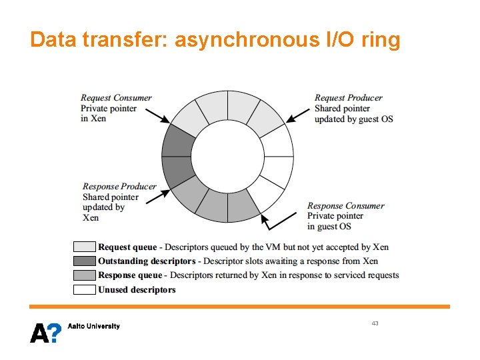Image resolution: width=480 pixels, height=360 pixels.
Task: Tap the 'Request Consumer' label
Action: [x=116, y=98]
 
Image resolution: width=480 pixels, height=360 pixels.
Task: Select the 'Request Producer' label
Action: [x=348, y=98]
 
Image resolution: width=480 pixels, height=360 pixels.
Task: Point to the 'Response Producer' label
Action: [x=119, y=187]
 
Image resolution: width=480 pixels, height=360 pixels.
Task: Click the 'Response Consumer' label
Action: [x=345, y=206]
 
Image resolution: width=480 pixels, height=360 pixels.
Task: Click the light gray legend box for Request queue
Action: [x=85, y=247]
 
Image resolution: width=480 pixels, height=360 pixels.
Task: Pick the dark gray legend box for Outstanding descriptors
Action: [x=85, y=261]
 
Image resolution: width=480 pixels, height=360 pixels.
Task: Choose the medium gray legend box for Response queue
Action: [x=85, y=275]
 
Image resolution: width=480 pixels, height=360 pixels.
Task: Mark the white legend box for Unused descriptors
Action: [x=85, y=289]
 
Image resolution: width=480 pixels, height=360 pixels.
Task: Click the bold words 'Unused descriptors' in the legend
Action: [x=137, y=290]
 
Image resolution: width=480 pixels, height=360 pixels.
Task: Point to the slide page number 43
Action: [x=375, y=323]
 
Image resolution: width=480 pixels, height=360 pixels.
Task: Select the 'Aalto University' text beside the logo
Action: [x=94, y=326]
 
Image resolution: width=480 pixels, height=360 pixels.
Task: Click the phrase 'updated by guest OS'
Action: [x=353, y=119]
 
